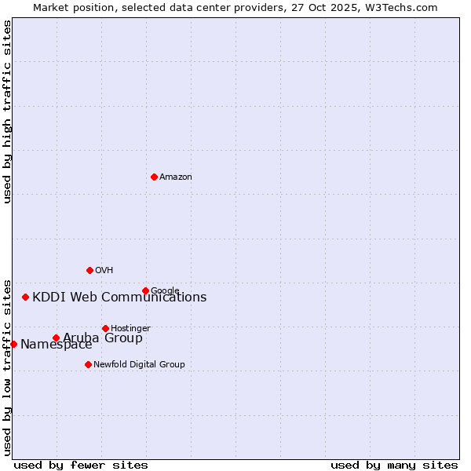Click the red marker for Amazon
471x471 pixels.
click(154, 177)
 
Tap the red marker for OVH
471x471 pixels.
click(89, 270)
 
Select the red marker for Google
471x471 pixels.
click(145, 290)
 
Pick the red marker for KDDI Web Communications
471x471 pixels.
click(26, 297)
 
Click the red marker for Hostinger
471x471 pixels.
click(105, 328)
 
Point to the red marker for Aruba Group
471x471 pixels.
click(56, 338)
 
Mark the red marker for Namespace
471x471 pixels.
click(13, 344)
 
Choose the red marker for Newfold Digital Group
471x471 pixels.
click(88, 364)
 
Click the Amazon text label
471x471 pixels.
click(176, 177)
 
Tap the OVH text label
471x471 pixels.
click(104, 271)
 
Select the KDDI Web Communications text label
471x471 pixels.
click(119, 298)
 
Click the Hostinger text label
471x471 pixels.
click(130, 328)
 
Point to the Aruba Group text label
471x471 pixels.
click(103, 338)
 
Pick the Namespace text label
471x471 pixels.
click(57, 345)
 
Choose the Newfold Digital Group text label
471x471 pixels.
click(139, 364)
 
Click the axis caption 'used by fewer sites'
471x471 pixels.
click(81, 466)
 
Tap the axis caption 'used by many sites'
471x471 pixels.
click(394, 466)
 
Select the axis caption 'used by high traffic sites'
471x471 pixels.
click(7, 111)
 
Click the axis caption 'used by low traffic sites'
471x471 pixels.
click(7, 367)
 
